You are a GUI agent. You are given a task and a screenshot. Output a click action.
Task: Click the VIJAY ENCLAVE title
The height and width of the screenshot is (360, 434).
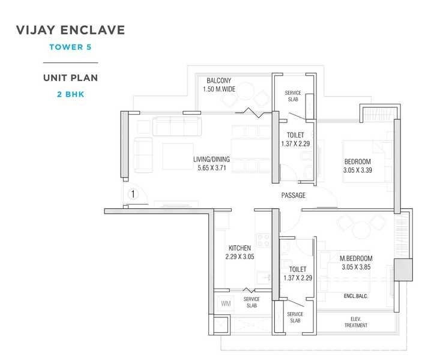(x=70, y=30)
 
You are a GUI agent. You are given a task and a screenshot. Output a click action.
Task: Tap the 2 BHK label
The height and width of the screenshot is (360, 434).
(x=70, y=94)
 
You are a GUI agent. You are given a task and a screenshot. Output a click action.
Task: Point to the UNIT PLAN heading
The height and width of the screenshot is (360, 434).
(x=70, y=78)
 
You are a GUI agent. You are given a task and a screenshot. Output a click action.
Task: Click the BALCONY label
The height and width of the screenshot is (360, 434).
(x=219, y=81)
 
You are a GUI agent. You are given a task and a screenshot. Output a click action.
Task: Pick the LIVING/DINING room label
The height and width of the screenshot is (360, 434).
(x=211, y=159)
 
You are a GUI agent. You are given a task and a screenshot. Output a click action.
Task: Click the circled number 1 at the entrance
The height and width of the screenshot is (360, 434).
(x=133, y=194)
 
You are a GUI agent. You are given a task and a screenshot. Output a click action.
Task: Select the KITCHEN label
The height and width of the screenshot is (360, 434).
(x=240, y=248)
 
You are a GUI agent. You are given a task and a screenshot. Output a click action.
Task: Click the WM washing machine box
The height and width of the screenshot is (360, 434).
(x=225, y=304)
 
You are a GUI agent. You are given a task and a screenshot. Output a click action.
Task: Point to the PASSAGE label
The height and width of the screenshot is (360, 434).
(x=293, y=196)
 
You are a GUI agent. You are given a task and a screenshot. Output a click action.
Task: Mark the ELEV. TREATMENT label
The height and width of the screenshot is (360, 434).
(x=355, y=322)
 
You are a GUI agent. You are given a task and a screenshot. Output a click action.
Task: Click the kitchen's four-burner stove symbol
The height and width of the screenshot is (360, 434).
(x=263, y=240)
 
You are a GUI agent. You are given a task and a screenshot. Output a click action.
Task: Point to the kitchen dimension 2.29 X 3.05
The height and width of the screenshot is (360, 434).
(x=240, y=257)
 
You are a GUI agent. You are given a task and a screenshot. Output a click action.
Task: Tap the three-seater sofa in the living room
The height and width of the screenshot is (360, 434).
(x=176, y=126)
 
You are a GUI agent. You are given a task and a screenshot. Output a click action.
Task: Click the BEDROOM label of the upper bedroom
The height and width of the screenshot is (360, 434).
(x=357, y=161)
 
